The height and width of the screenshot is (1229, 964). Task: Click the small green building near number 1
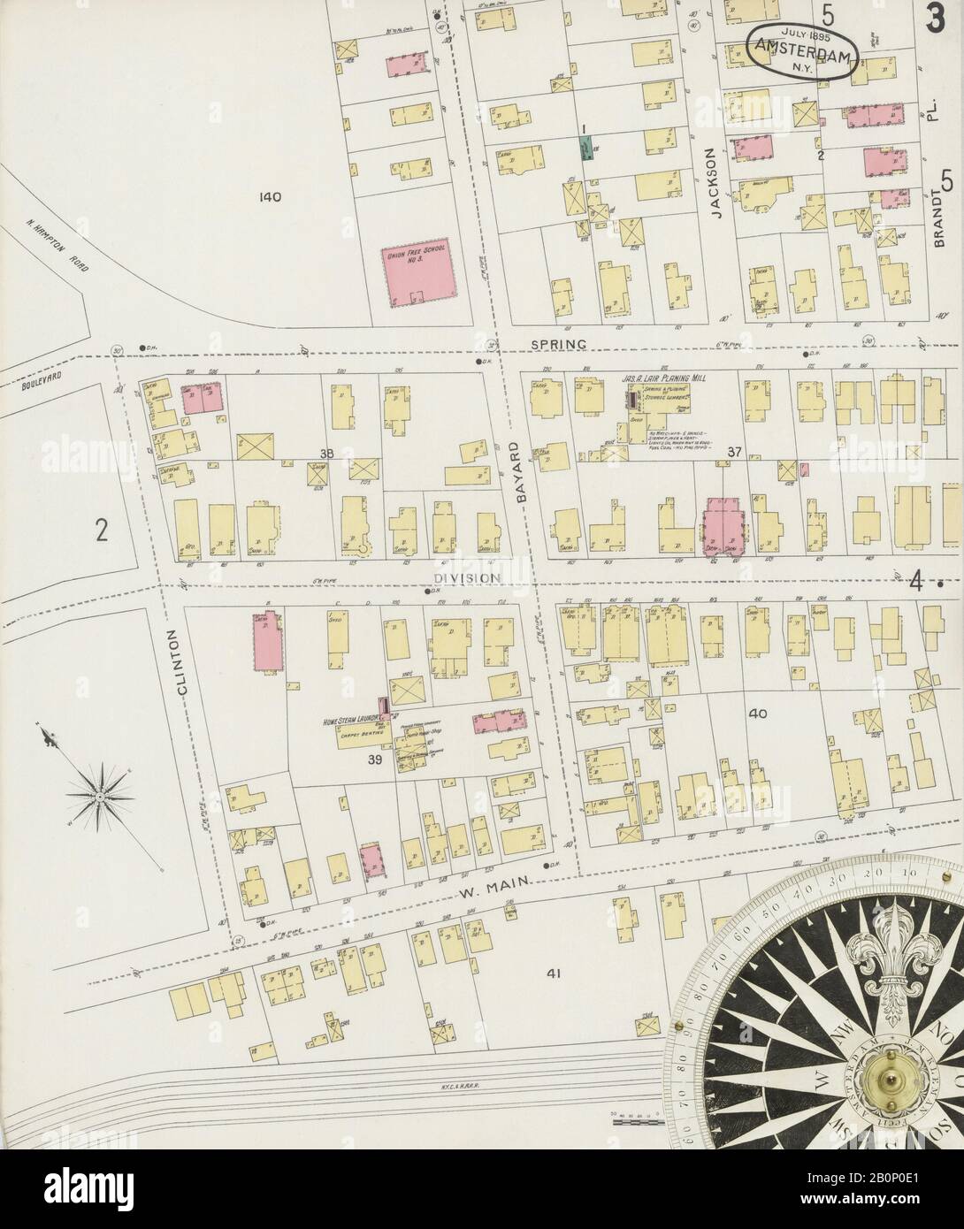click(x=585, y=146)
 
